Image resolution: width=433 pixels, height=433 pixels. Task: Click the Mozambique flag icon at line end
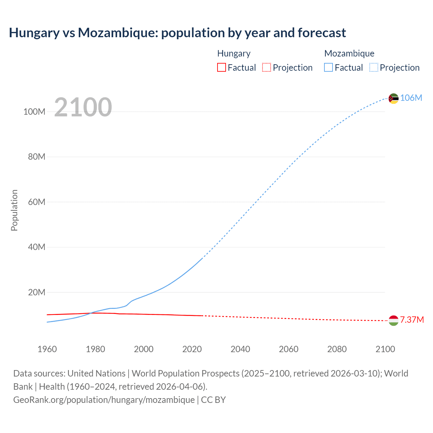pos(393,98)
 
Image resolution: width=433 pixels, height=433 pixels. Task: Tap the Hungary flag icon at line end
pos(393,320)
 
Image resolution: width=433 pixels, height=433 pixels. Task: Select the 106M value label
pos(411,98)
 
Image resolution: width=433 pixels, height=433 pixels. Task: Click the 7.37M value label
pos(412,320)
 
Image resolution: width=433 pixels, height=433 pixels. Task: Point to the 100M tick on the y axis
pos(34,112)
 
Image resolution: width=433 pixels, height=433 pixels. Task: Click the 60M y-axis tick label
pos(37,202)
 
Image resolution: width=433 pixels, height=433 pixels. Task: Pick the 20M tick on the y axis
pos(37,292)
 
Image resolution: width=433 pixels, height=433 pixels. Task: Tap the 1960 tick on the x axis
pos(47,349)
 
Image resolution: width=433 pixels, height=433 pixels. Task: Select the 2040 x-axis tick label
pos(240,349)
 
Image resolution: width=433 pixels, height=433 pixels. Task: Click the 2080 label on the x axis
pos(337,349)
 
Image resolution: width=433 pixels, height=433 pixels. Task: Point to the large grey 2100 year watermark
pos(83,107)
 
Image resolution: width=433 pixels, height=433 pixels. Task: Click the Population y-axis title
pos(14,210)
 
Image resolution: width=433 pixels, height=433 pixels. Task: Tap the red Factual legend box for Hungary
pos(221,68)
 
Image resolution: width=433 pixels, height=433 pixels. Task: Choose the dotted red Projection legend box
pos(267,68)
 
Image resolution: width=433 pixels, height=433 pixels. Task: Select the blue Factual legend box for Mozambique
pos(328,68)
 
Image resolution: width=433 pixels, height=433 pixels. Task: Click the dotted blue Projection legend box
pos(374,68)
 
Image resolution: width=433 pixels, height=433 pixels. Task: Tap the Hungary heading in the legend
pos(234,53)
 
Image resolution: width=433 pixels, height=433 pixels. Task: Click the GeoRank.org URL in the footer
pos(104,400)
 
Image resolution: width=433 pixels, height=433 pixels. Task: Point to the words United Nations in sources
pos(96,373)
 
